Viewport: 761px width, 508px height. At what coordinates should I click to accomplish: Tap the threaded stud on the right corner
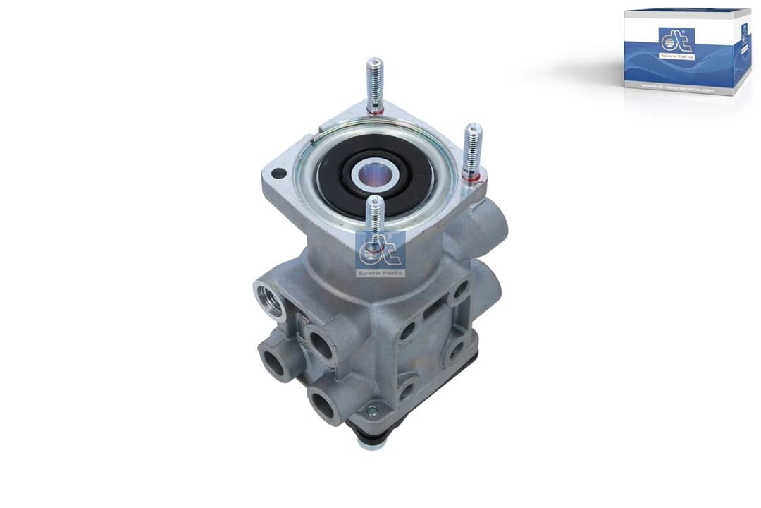click(x=471, y=149)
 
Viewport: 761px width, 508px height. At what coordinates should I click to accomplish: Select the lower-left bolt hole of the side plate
click(x=407, y=387)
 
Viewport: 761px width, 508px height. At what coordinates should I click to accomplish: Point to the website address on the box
click(x=677, y=89)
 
